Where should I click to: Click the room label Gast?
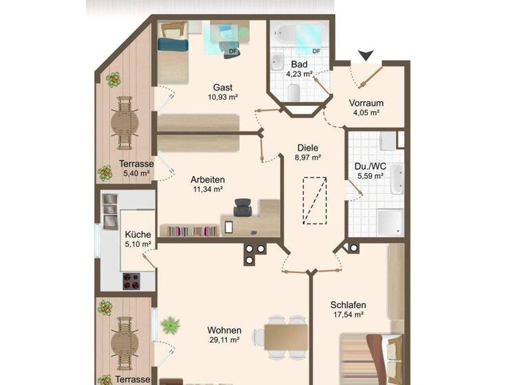coord(222,87)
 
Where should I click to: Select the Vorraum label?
coord(366,103)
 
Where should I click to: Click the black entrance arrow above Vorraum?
coord(366,55)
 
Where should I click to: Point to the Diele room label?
coord(308,147)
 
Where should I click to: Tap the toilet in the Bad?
coord(294,91)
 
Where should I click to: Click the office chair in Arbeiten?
coord(243,207)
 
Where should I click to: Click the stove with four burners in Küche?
coord(130,280)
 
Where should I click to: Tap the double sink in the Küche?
coord(110,212)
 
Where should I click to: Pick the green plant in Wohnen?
coord(168,322)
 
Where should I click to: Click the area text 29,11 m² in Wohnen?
coord(224,340)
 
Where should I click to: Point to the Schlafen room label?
coord(347,305)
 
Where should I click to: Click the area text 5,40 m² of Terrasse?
coord(135,173)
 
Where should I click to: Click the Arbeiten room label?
coord(208,179)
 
